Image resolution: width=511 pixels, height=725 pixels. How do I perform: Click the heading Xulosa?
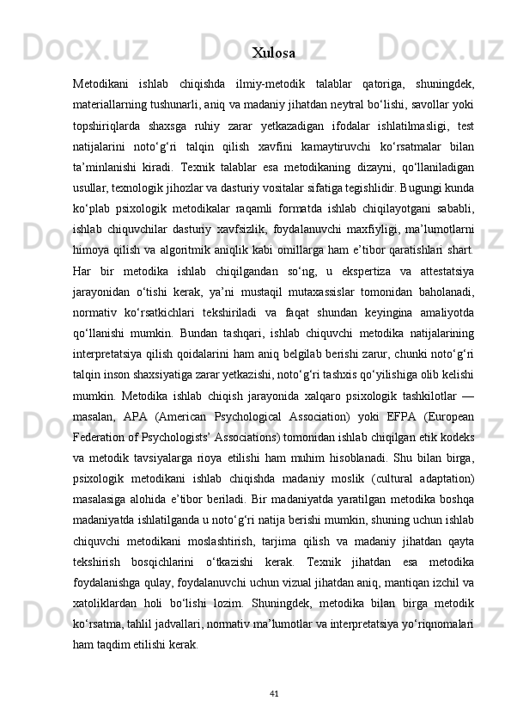(x=274, y=53)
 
